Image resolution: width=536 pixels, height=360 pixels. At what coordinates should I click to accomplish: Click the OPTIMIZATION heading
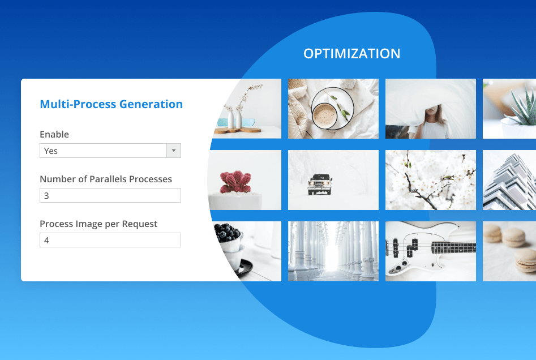351,54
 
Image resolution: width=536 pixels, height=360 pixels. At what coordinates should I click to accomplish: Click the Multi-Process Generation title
111,104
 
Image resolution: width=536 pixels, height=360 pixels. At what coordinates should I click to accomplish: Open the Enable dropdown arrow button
174,151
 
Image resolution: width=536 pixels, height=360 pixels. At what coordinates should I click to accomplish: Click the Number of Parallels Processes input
110,196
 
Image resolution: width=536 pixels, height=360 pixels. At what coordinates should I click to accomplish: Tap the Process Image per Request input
110,240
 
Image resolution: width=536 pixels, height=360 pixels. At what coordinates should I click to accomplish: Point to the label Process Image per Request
98,224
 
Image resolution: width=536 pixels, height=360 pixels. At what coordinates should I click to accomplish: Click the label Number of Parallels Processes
106,179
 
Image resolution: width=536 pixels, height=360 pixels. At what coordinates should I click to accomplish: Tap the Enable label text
54,134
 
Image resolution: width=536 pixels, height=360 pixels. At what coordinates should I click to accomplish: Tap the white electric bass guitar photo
431,251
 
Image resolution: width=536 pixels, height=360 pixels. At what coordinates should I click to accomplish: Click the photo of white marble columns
333,251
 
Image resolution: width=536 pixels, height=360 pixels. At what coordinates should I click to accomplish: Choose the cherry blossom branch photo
431,180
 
